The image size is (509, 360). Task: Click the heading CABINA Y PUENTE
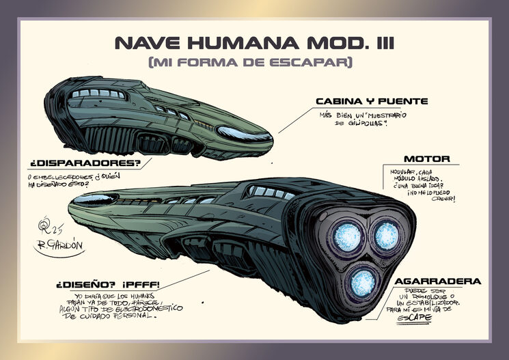click(x=372, y=101)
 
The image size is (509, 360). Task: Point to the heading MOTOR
click(x=426, y=159)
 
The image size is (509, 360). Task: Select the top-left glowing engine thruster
click(x=347, y=236)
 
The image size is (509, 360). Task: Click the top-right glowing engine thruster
click(x=387, y=236)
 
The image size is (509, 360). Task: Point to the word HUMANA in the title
click(x=244, y=43)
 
